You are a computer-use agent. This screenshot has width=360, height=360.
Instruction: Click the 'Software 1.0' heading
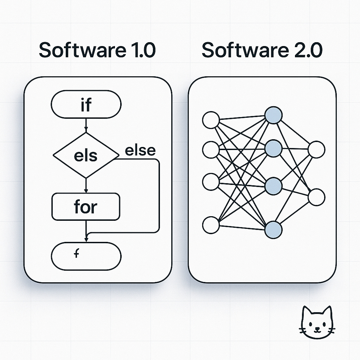[97, 50]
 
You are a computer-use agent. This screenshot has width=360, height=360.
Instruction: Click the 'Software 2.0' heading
[262, 50]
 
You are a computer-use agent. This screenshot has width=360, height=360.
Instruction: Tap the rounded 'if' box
[86, 104]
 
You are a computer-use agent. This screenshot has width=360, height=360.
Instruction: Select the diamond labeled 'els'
[86, 155]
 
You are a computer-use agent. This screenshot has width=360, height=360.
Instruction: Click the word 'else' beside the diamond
[140, 150]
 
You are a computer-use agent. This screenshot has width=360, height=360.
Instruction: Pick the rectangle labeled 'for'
[86, 207]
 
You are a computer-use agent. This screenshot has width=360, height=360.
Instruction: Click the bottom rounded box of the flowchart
[86, 256]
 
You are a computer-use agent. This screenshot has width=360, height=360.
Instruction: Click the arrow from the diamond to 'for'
[86, 185]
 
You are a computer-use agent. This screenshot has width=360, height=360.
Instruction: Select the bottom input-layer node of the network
[211, 225]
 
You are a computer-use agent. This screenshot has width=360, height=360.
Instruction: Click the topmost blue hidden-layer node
[274, 115]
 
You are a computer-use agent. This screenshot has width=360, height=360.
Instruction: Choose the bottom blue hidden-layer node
[274, 230]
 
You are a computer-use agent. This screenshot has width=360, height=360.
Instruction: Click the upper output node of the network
[316, 150]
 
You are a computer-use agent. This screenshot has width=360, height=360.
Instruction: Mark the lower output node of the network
[316, 197]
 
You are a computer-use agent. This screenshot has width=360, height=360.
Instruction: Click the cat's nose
[317, 329]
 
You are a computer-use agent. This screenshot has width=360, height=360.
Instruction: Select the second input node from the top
[211, 150]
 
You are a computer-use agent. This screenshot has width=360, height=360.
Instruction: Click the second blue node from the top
[274, 148]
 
